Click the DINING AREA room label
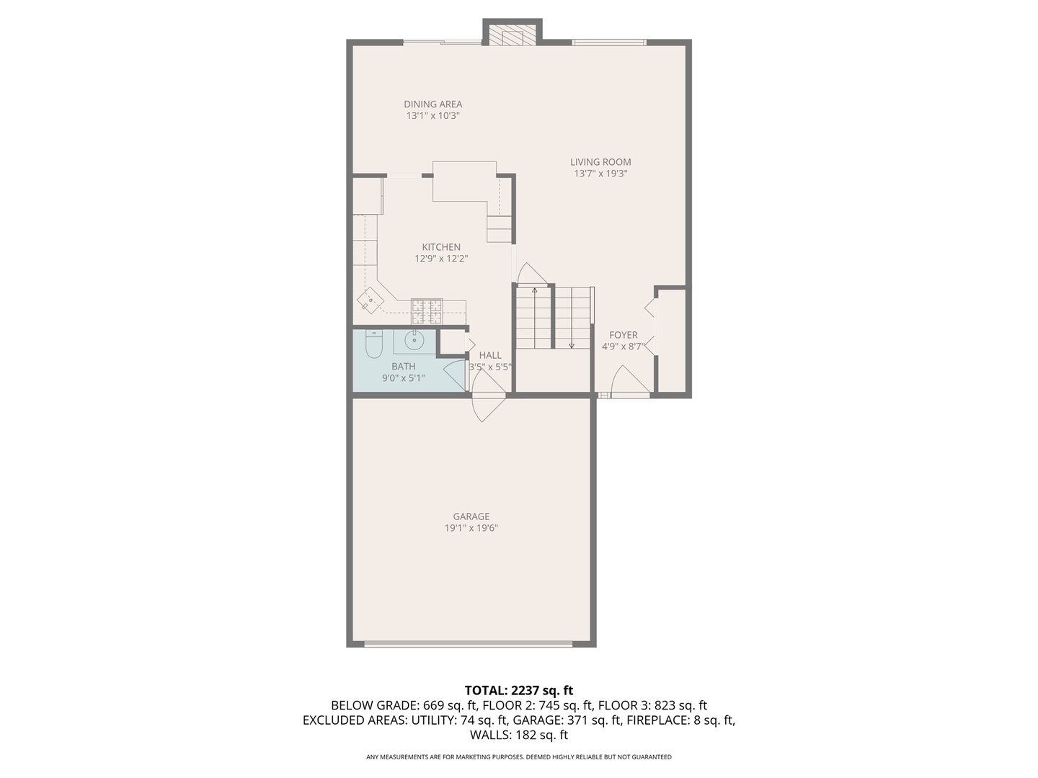tap(432, 104)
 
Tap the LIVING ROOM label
tap(600, 162)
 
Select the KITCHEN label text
tap(441, 247)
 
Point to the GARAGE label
tap(471, 517)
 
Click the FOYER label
tap(623, 335)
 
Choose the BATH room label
tap(403, 367)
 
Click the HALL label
tap(490, 355)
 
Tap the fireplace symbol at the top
tap(513, 36)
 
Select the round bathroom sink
tap(414, 341)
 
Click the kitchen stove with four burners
tap(426, 310)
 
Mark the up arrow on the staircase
tap(534, 290)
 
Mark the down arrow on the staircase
tap(572, 345)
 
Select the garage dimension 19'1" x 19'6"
tap(471, 528)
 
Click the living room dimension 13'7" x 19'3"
tap(600, 174)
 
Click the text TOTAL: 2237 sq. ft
tap(519, 691)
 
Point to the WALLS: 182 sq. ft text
tap(519, 735)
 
